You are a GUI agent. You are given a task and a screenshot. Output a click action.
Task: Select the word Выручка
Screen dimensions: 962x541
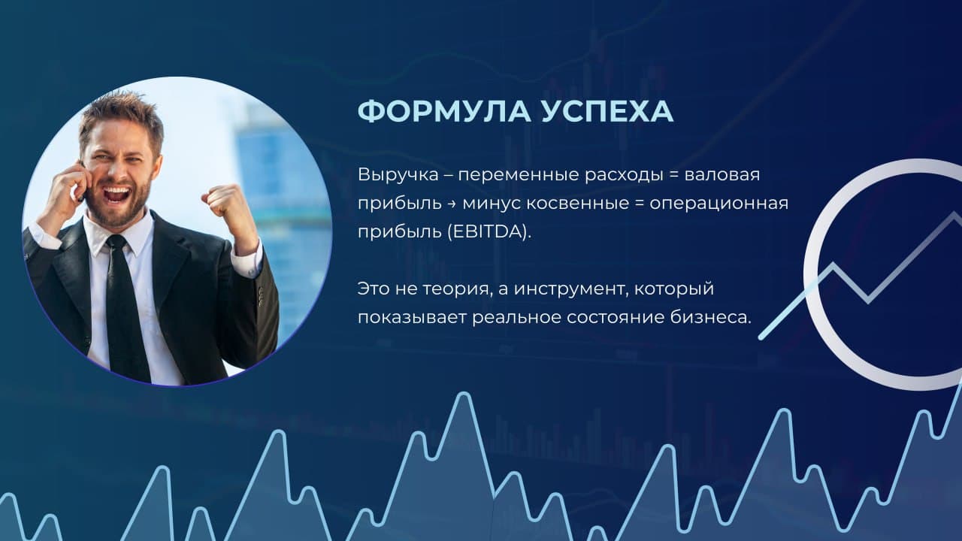point(398,175)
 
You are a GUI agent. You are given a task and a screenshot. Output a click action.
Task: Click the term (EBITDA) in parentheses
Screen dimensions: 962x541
point(489,232)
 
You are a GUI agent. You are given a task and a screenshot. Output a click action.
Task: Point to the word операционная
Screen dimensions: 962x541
point(719,204)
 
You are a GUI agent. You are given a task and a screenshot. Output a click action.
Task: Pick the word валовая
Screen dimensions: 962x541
point(722,175)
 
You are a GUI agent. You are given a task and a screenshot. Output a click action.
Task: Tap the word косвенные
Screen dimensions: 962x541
point(578,204)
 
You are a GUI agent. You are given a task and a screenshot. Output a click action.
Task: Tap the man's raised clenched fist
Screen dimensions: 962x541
point(222,200)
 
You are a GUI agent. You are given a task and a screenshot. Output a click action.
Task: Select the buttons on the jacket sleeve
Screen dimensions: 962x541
point(261,296)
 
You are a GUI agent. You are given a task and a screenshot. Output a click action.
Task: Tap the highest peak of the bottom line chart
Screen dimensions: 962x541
point(464,393)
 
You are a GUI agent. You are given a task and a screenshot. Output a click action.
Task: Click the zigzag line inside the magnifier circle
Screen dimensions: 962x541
point(867,275)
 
